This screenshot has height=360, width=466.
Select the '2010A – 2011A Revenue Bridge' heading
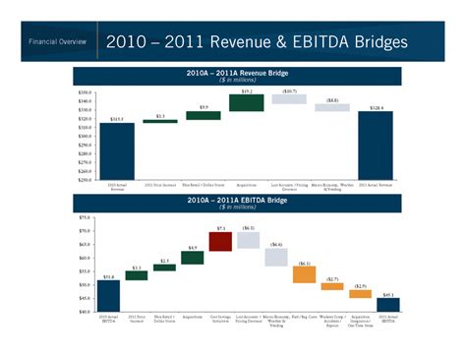tap(232, 72)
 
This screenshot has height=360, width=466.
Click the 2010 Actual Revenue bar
tap(117, 151)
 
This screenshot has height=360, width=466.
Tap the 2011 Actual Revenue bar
tap(376, 146)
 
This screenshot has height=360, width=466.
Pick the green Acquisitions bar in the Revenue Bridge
tap(247, 102)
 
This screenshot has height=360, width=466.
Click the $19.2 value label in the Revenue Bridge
tap(247, 90)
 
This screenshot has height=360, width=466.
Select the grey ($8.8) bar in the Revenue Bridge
tap(332, 107)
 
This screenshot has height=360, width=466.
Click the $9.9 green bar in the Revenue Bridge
tap(204, 115)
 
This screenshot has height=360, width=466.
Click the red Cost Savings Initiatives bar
tap(220, 241)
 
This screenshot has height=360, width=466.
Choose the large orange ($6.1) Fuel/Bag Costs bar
tap(305, 274)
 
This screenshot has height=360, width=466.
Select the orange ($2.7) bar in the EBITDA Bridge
tap(332, 286)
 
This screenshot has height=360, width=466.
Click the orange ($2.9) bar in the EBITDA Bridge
tap(361, 293)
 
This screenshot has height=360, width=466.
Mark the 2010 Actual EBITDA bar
tap(108, 296)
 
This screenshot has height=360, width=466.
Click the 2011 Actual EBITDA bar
tap(389, 304)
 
